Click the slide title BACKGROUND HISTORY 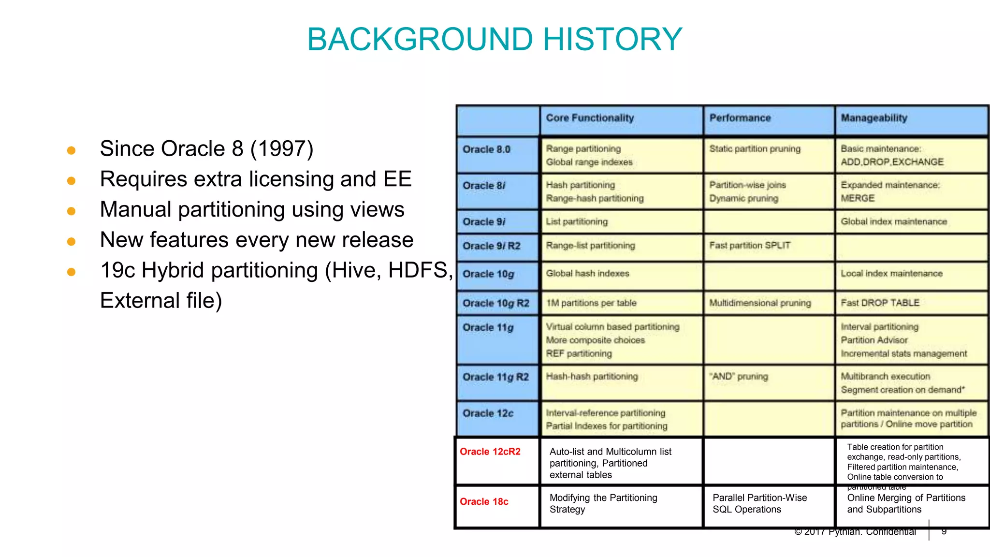pyautogui.click(x=495, y=39)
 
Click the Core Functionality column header pyautogui.click(x=590, y=118)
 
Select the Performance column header pyautogui.click(x=740, y=118)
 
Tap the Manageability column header pyautogui.click(x=874, y=118)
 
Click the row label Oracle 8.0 pyautogui.click(x=486, y=149)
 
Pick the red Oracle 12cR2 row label pyautogui.click(x=490, y=452)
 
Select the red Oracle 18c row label pyautogui.click(x=484, y=502)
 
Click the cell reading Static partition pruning pyautogui.click(x=755, y=149)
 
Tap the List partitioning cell pyautogui.click(x=577, y=221)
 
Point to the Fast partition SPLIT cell pyautogui.click(x=749, y=246)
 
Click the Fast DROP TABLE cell pyautogui.click(x=880, y=303)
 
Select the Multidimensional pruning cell pyautogui.click(x=760, y=303)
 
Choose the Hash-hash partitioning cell pyautogui.click(x=592, y=376)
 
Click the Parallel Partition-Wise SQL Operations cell pyautogui.click(x=759, y=503)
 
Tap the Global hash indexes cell pyautogui.click(x=587, y=274)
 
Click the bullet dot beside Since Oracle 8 pyautogui.click(x=71, y=150)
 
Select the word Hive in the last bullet pyautogui.click(x=355, y=270)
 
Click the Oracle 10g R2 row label pyautogui.click(x=495, y=303)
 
